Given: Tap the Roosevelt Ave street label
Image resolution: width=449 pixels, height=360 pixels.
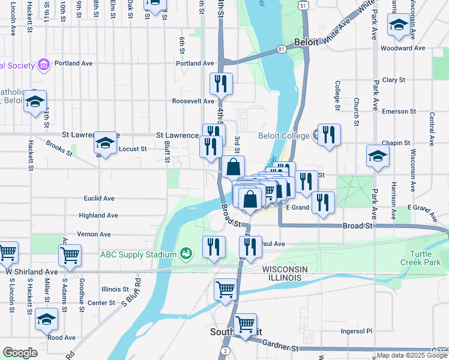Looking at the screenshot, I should point(193,101).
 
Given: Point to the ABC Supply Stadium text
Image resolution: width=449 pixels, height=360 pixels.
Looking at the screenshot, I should point(138,254).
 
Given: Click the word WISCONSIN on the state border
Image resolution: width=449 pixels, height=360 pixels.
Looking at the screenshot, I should point(285,269).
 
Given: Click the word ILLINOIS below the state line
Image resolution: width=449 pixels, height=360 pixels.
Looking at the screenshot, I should point(285,278).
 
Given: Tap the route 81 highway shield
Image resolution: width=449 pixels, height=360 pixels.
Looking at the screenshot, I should point(281,49).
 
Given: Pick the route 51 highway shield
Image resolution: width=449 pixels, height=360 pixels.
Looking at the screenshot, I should point(304,5).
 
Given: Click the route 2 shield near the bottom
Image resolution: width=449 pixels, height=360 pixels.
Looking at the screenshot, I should point(225,350).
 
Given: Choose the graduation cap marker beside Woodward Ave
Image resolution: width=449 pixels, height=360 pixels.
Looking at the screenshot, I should point(398,26).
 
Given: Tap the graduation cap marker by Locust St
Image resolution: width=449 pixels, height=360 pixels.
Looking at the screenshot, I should point(105,143).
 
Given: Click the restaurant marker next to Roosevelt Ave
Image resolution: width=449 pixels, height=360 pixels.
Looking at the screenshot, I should point(221,85).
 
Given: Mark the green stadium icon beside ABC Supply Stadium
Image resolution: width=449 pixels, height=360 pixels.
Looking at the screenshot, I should point(186,254).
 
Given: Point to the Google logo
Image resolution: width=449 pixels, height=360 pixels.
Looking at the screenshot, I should point(20,353).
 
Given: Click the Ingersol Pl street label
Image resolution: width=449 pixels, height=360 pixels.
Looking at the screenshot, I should point(357,331).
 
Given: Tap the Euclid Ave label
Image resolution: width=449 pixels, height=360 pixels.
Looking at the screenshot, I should point(99,198).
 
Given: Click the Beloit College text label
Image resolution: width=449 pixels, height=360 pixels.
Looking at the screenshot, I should point(284,136).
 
